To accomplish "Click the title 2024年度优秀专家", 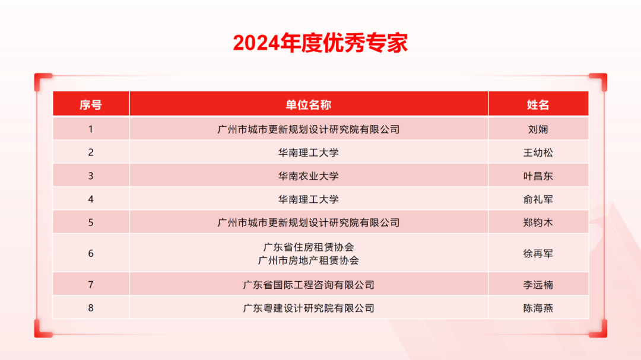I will [320, 43].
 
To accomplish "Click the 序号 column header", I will [91, 105].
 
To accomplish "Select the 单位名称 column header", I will [309, 105].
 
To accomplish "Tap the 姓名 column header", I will [538, 105].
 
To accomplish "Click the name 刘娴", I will [538, 129].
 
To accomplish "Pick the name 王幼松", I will [538, 152].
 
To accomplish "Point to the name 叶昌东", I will [538, 176].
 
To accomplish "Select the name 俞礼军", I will [538, 199].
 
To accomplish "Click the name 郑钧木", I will [538, 223].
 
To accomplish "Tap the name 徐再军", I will [538, 253].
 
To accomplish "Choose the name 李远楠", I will [538, 285].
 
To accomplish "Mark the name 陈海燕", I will [538, 308].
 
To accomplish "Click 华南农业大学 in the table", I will [309, 176].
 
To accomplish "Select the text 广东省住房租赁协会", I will [309, 247].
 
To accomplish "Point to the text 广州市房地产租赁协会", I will [309, 260].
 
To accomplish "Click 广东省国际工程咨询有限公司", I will [309, 285].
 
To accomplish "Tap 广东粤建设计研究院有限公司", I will [309, 308].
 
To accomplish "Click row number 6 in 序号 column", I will [91, 253].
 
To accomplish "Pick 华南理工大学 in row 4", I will [309, 199].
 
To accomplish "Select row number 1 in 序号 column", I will [91, 129].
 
